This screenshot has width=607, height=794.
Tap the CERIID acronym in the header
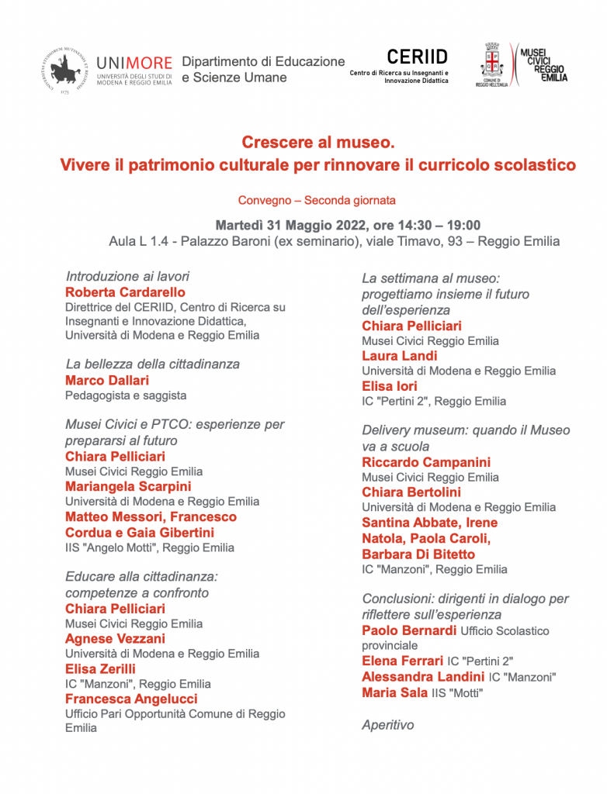417,57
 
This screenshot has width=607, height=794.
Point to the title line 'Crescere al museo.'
318,142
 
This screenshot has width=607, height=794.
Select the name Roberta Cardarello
125,292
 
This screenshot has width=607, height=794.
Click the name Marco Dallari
107,380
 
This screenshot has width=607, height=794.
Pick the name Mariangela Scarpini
128,486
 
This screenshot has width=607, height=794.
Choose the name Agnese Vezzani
115,638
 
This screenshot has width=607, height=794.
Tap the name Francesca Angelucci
131,699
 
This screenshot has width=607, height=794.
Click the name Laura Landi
400,356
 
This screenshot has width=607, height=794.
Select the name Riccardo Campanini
426,462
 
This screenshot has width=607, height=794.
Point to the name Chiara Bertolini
411,492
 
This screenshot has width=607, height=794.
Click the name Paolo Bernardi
409,630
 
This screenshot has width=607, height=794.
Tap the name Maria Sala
394,692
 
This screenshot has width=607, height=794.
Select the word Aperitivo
388,725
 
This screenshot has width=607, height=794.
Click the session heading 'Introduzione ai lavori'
127,276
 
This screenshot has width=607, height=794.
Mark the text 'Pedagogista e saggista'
126,395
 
